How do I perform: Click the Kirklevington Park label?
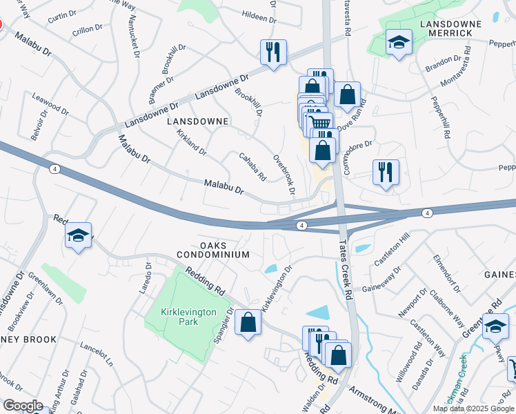coord(188,317)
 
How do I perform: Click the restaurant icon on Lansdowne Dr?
coord(273,52)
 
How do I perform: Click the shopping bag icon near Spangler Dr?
coord(248,322)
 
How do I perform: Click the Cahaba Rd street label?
coord(252,166)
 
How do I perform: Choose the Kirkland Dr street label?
coord(191,142)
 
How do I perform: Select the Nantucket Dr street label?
coord(133,34)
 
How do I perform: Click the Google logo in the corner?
coord(22,406)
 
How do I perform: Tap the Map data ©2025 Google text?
coord(473,408)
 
